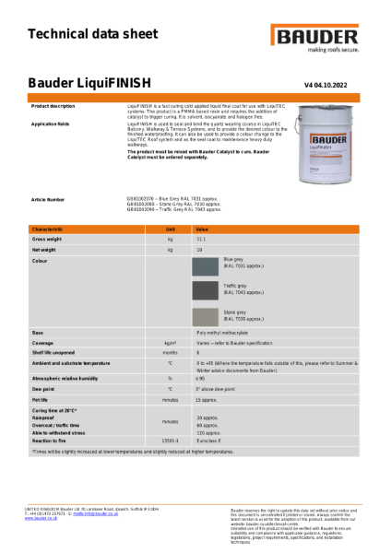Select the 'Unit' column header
pyautogui.click(x=170, y=228)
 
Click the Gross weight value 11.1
pyautogui.click(x=200, y=239)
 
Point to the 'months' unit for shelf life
pyautogui.click(x=170, y=352)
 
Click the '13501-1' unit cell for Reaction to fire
pyautogui.click(x=170, y=441)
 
